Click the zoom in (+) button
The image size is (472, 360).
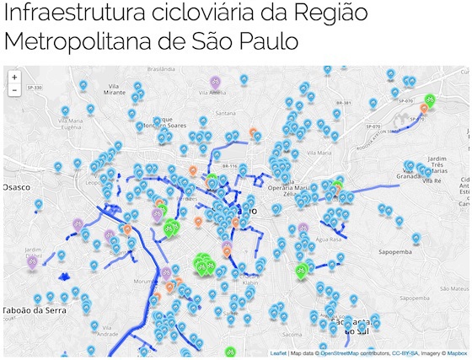pos(14,77)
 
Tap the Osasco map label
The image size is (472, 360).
pos(16,186)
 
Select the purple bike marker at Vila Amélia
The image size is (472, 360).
pos(216,83)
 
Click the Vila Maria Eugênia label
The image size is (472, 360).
pos(70,126)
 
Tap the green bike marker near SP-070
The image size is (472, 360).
pos(430,99)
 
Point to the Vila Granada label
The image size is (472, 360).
pos(407,176)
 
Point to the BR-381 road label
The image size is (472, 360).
pos(343,104)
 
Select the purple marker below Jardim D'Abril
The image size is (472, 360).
pos(33,262)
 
